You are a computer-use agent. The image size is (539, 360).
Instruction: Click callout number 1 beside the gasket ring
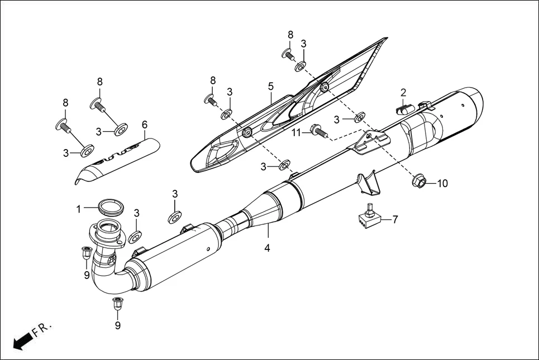[79, 209]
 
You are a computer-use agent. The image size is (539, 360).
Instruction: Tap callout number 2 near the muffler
[403, 92]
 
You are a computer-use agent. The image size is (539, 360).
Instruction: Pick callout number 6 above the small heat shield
[144, 124]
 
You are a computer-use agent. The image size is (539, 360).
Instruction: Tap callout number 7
[395, 219]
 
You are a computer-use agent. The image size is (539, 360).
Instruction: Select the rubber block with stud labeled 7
[368, 218]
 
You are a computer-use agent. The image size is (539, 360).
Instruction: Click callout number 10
[442, 183]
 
